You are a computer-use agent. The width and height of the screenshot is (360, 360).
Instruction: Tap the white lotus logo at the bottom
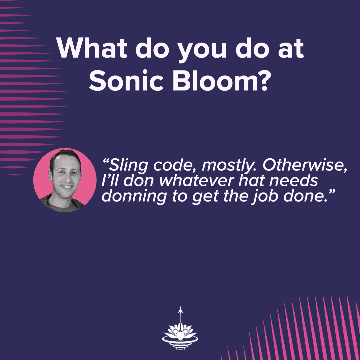180,333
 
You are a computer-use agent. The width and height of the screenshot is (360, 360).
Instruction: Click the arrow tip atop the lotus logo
180,308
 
